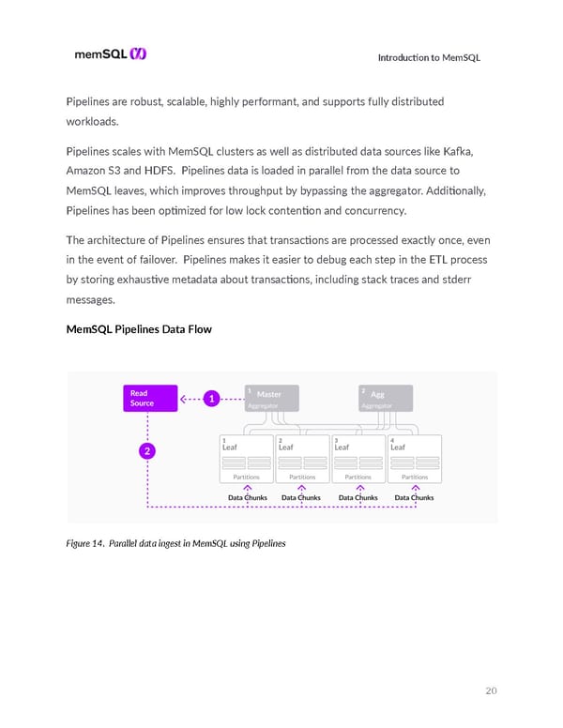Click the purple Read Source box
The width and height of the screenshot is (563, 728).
(148, 398)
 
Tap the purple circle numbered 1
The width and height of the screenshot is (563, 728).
(214, 399)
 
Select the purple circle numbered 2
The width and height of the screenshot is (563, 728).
(148, 451)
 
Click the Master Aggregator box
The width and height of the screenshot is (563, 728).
(270, 398)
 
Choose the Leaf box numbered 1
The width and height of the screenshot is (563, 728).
(246, 460)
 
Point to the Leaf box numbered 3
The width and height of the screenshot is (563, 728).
(358, 460)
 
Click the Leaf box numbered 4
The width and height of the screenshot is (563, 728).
(414, 460)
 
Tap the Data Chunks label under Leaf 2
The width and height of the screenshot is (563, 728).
(301, 497)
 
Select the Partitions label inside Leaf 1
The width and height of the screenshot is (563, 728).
(246, 478)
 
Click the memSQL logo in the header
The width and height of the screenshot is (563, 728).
(110, 54)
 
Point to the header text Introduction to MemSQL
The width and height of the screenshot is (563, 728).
(429, 58)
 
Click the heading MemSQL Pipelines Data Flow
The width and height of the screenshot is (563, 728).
(139, 329)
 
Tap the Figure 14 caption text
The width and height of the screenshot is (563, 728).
(175, 543)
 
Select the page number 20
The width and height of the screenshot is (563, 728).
(491, 691)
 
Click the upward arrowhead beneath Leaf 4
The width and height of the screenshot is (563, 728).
(415, 488)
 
